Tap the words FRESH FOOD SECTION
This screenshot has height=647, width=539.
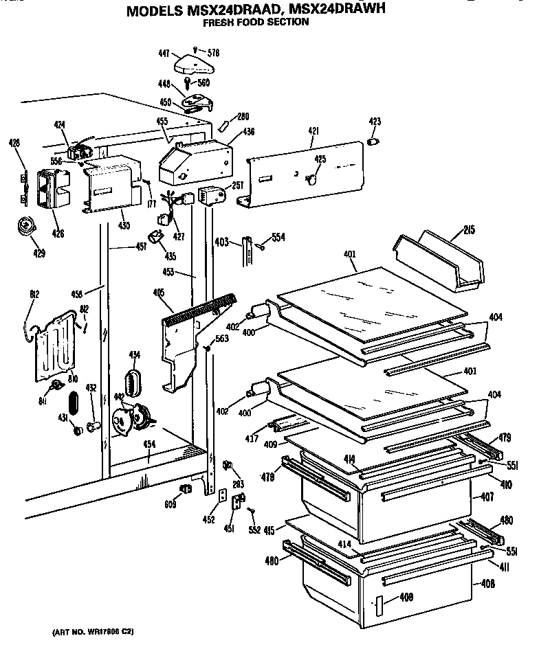[255, 22]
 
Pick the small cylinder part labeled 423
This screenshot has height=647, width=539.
[375, 141]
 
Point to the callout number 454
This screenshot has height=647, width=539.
[148, 444]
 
